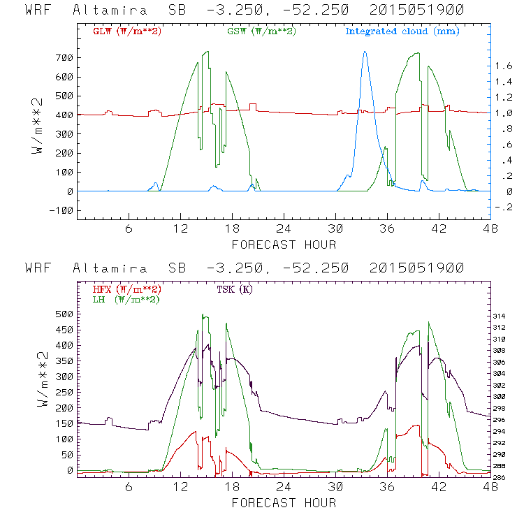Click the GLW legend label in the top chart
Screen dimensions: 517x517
point(127,31)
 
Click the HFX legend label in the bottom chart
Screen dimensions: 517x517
point(127,289)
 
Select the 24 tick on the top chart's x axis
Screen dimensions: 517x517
point(284,229)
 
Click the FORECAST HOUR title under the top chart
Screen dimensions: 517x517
point(284,245)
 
